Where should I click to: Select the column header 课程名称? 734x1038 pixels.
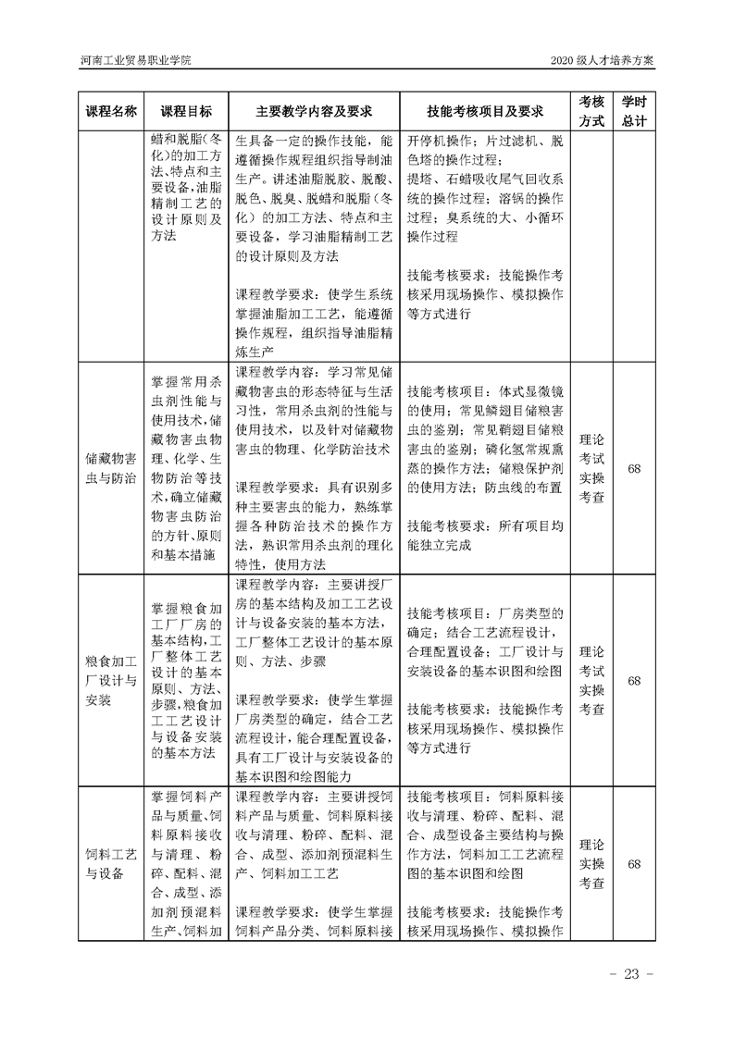[x=111, y=111]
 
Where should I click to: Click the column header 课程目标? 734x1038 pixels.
[x=185, y=111]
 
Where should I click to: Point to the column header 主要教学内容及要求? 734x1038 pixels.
[x=314, y=111]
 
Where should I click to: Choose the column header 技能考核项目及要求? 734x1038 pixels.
[x=484, y=111]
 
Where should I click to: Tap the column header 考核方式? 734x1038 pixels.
[x=591, y=111]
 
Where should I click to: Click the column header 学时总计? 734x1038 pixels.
[x=634, y=111]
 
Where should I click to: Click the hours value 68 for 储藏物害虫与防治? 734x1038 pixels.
[x=634, y=468]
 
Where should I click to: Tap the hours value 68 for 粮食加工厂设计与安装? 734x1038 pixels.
[x=634, y=681]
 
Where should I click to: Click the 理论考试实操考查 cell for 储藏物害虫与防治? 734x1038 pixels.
[x=591, y=468]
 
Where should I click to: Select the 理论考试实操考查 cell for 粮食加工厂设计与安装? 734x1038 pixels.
[x=591, y=681]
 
